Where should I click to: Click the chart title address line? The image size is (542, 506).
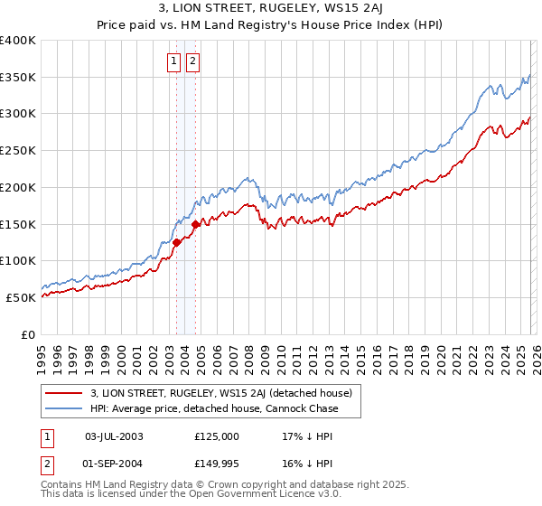pyautogui.click(x=271, y=8)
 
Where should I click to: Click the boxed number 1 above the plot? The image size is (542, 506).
pyautogui.click(x=173, y=61)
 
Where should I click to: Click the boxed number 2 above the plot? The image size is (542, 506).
pyautogui.click(x=192, y=61)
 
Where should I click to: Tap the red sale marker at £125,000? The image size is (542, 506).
pyautogui.click(x=177, y=241)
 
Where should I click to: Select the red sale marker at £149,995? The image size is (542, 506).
pyautogui.click(x=196, y=222)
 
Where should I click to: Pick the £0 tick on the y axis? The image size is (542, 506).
pyautogui.click(x=30, y=334)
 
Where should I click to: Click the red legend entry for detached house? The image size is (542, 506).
pyautogui.click(x=226, y=393)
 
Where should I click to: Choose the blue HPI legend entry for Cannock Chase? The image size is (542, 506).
pyautogui.click(x=214, y=408)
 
